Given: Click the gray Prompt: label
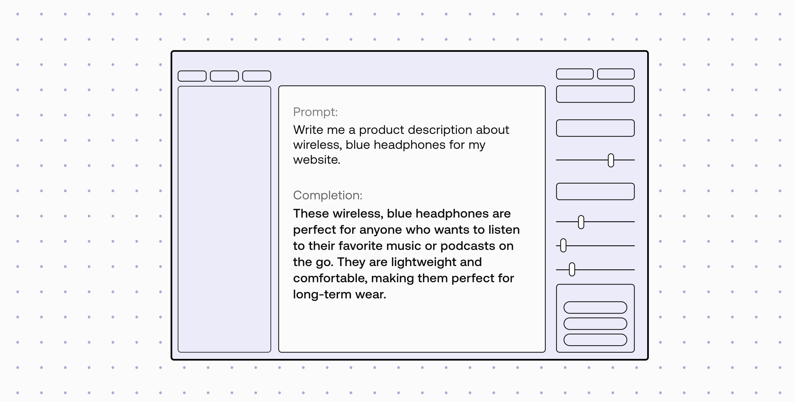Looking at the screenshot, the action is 315,112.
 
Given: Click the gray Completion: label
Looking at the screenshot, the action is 328,195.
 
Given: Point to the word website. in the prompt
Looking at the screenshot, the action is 317,160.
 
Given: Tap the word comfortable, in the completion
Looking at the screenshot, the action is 330,278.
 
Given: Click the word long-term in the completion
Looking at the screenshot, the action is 322,294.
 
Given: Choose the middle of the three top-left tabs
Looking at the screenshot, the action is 224,76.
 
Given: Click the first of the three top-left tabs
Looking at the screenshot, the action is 192,76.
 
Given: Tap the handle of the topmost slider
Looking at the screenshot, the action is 611,160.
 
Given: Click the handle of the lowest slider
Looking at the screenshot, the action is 572,269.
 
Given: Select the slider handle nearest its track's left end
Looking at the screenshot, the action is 563,245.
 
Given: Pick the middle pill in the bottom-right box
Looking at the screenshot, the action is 595,323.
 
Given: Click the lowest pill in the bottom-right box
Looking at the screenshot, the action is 595,340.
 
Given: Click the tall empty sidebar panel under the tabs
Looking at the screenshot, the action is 224,219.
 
